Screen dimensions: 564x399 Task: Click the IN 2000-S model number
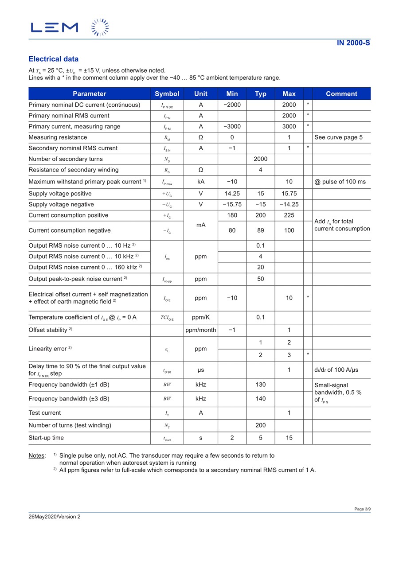click(353, 43)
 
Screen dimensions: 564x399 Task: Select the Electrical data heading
click(53, 59)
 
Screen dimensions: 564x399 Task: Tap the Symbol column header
click(167, 93)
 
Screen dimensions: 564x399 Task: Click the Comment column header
click(341, 93)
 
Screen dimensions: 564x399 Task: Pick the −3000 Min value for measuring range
click(232, 126)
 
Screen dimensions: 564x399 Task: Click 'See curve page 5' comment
click(338, 137)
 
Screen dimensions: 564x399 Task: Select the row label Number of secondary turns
click(66, 159)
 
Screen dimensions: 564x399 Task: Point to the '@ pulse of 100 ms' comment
click(340, 182)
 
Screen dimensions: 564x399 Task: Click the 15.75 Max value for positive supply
click(289, 194)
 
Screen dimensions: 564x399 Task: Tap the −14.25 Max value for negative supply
click(289, 204)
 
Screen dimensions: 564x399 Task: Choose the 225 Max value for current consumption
click(289, 215)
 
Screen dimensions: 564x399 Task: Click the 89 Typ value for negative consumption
click(261, 230)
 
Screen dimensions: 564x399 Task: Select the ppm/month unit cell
click(201, 330)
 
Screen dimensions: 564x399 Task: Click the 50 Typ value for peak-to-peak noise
click(261, 279)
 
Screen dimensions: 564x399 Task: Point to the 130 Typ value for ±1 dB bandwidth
click(261, 385)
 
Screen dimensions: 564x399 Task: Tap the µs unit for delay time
click(201, 370)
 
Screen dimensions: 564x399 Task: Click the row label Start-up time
click(46, 438)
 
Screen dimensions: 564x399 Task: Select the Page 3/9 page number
click(362, 509)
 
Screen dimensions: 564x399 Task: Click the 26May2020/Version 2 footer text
click(55, 517)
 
